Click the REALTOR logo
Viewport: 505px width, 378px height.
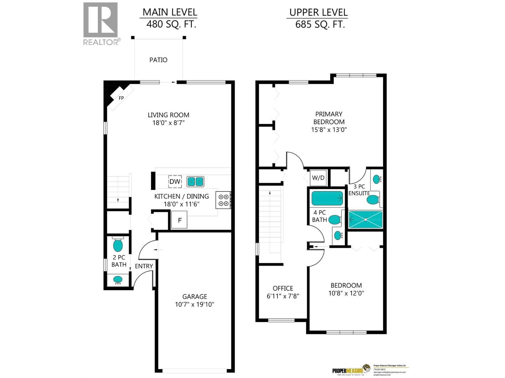click(x=101, y=23)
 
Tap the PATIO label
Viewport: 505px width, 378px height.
click(x=158, y=60)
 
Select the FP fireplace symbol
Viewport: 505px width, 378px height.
click(x=121, y=98)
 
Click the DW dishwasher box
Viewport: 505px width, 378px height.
click(x=175, y=181)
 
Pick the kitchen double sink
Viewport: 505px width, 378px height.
click(x=195, y=182)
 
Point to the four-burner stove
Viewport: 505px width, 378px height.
click(x=223, y=200)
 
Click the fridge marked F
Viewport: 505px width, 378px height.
click(x=179, y=220)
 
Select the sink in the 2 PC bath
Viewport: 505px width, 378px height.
click(x=118, y=279)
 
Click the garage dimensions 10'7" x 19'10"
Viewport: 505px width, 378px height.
click(x=194, y=304)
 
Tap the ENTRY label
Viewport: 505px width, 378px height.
click(x=144, y=266)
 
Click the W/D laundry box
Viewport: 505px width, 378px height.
click(x=318, y=178)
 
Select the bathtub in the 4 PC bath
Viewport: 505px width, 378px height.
click(x=327, y=198)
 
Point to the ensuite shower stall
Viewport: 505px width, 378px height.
click(x=365, y=220)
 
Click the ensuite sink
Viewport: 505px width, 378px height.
click(x=377, y=179)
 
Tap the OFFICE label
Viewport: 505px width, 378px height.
click(x=283, y=288)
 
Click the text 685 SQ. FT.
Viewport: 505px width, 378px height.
click(x=320, y=24)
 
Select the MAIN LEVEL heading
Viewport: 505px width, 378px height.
click(x=170, y=12)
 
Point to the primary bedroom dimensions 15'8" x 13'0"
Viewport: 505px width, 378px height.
click(x=329, y=129)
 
